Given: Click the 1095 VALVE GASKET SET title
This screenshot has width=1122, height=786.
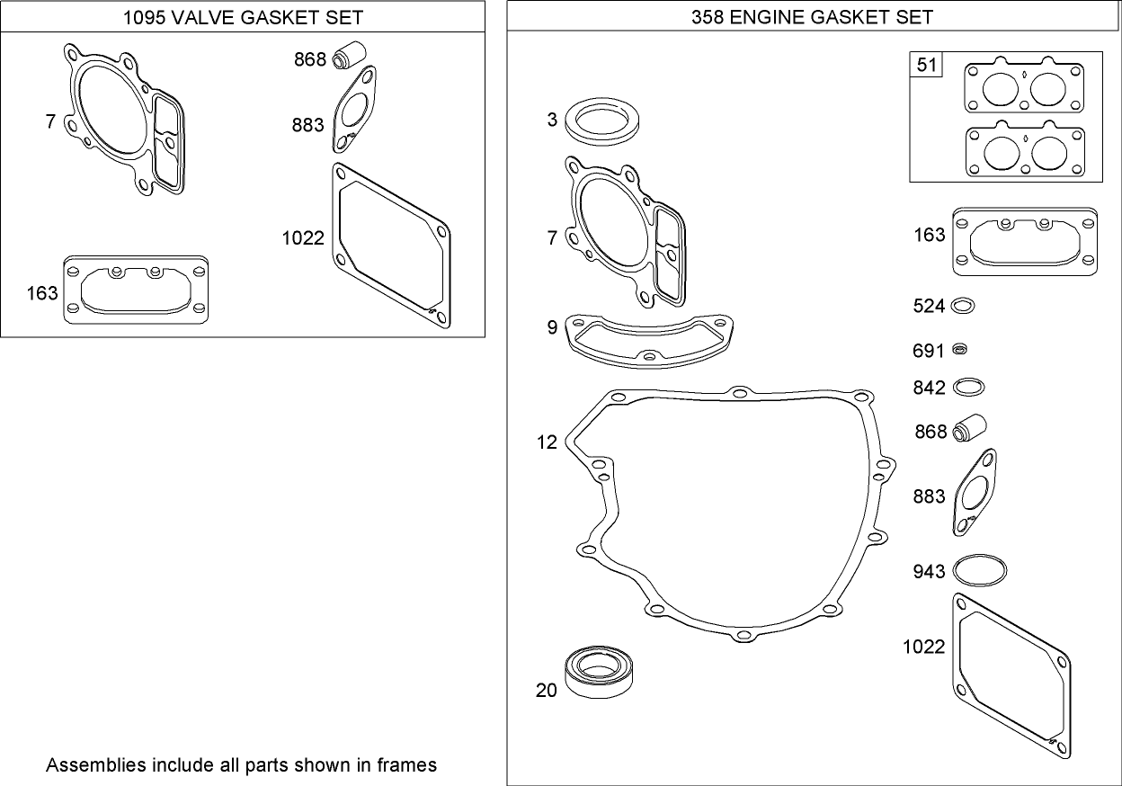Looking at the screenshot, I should (x=243, y=17).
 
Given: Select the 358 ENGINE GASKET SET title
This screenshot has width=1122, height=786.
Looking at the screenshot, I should (x=813, y=17).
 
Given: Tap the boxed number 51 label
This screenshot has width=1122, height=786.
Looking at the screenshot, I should (x=926, y=65).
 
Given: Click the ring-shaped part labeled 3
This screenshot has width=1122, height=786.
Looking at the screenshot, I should (x=601, y=121).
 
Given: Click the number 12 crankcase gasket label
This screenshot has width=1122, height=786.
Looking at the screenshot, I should (x=547, y=442).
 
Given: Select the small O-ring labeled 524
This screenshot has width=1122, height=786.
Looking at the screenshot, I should (x=962, y=306).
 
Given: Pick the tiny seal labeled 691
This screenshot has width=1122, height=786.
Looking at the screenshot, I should (x=960, y=350).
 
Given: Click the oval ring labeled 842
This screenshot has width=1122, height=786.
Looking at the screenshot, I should (x=968, y=387).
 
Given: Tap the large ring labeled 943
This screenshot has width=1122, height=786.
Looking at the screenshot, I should (x=979, y=570).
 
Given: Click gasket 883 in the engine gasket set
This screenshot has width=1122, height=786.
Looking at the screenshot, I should (x=975, y=493).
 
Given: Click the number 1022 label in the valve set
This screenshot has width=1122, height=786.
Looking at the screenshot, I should (x=302, y=238).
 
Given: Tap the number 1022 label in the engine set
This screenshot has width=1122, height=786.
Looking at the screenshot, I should (x=923, y=647).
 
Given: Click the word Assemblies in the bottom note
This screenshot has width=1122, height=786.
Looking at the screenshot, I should (x=94, y=765).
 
